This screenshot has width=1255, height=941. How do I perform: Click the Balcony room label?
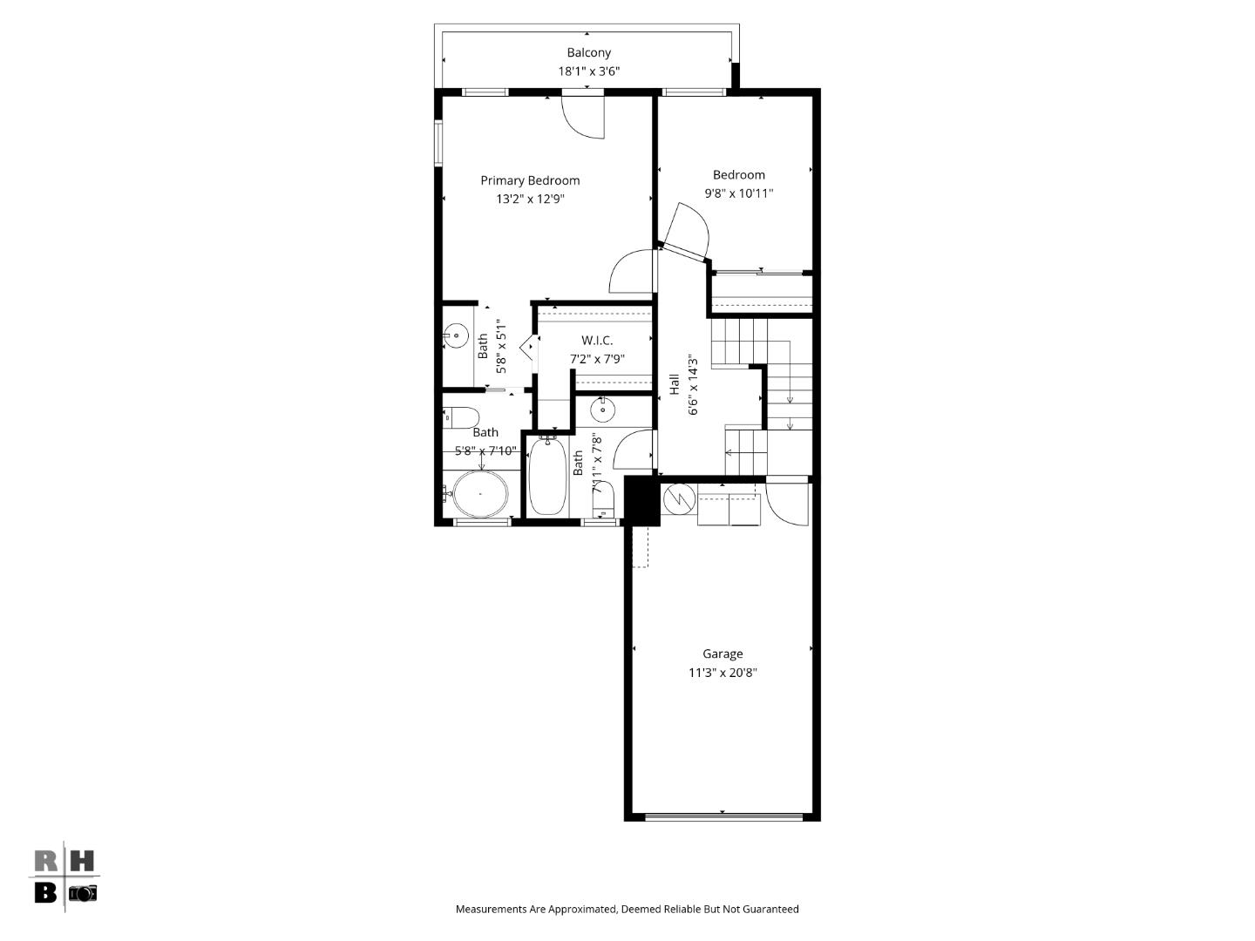(x=588, y=53)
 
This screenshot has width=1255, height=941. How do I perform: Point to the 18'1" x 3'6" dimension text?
(x=588, y=71)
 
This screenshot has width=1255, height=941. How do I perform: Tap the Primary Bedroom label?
(x=530, y=180)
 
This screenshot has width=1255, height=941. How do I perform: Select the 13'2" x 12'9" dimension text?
(x=530, y=199)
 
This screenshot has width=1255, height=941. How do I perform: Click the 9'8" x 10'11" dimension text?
(x=739, y=193)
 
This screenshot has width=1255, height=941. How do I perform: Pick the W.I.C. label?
(x=597, y=340)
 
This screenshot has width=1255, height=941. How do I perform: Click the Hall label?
(x=674, y=384)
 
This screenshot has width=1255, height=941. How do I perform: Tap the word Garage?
(x=722, y=653)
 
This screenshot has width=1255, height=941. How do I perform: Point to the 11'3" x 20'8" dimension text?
(x=722, y=673)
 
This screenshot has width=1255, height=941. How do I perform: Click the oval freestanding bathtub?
(x=479, y=494)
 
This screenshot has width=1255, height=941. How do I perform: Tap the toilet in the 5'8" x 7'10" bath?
(x=460, y=416)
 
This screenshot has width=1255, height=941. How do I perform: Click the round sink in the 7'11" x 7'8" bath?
(x=601, y=408)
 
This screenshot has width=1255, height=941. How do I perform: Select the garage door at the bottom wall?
(x=722, y=817)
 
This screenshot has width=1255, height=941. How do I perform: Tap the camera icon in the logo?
(x=83, y=893)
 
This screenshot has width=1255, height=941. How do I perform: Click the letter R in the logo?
(x=46, y=862)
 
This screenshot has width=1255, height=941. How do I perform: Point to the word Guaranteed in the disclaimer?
(x=770, y=909)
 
